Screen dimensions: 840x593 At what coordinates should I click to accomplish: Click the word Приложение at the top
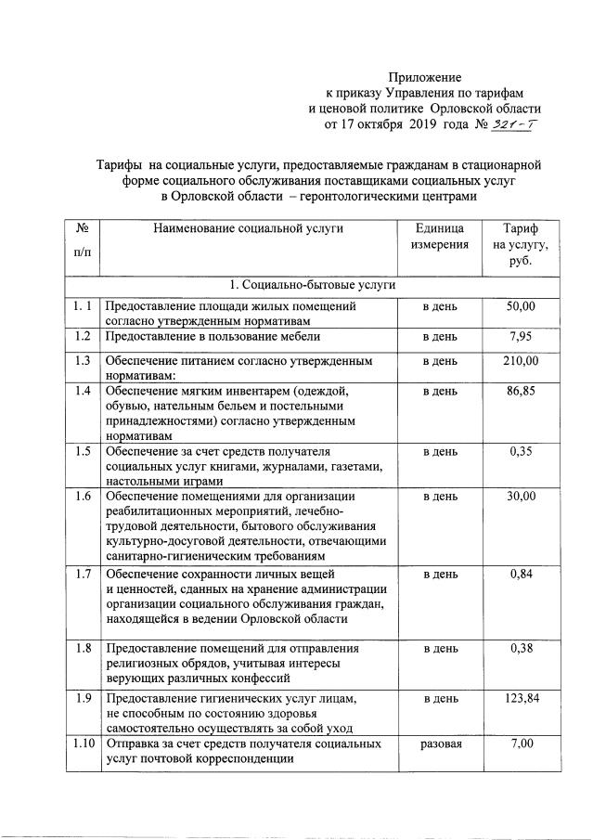[x=424, y=77]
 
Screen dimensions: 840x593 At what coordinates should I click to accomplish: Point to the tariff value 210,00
[x=521, y=360]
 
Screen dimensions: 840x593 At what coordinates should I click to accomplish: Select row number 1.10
[x=83, y=744]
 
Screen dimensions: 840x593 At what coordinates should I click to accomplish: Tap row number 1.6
[x=83, y=498]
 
